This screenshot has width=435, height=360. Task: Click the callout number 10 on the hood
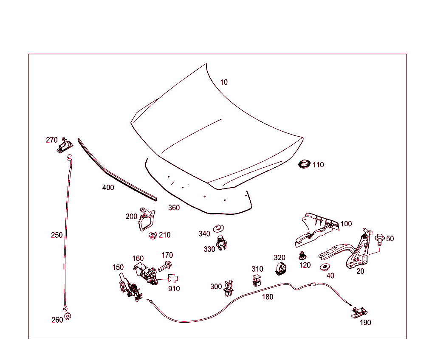(x=224, y=82)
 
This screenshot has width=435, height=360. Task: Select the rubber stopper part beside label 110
(x=304, y=164)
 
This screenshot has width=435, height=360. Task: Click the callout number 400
(x=108, y=187)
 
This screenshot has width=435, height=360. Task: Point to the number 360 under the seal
(x=174, y=208)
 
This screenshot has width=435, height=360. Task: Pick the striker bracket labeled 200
(x=146, y=219)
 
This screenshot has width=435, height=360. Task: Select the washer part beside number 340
(x=218, y=228)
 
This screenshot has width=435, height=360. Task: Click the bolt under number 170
(x=165, y=267)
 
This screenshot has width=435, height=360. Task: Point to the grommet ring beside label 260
(x=68, y=317)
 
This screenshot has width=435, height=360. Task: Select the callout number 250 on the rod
(x=57, y=235)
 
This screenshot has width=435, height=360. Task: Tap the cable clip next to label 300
(x=229, y=288)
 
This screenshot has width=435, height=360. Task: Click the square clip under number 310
(x=257, y=280)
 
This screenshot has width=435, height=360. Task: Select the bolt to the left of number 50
(x=379, y=239)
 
